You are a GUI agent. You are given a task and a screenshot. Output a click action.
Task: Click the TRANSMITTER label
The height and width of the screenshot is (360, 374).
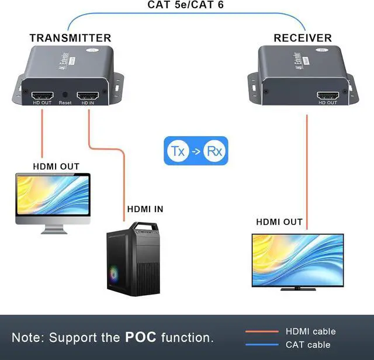(70, 38)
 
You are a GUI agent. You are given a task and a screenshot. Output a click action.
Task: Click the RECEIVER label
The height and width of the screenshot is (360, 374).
(302, 38)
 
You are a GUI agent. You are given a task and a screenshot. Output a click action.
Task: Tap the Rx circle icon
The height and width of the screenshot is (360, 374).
(215, 151)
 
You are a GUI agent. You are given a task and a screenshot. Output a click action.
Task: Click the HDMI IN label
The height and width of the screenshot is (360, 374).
(145, 209)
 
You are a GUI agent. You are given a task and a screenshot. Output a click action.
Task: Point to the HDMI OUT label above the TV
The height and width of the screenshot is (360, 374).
(279, 222)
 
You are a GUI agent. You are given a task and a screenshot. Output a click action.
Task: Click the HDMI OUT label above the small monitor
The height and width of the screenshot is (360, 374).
(56, 167)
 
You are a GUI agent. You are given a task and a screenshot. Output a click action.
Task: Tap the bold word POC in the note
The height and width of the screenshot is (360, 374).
(140, 337)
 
